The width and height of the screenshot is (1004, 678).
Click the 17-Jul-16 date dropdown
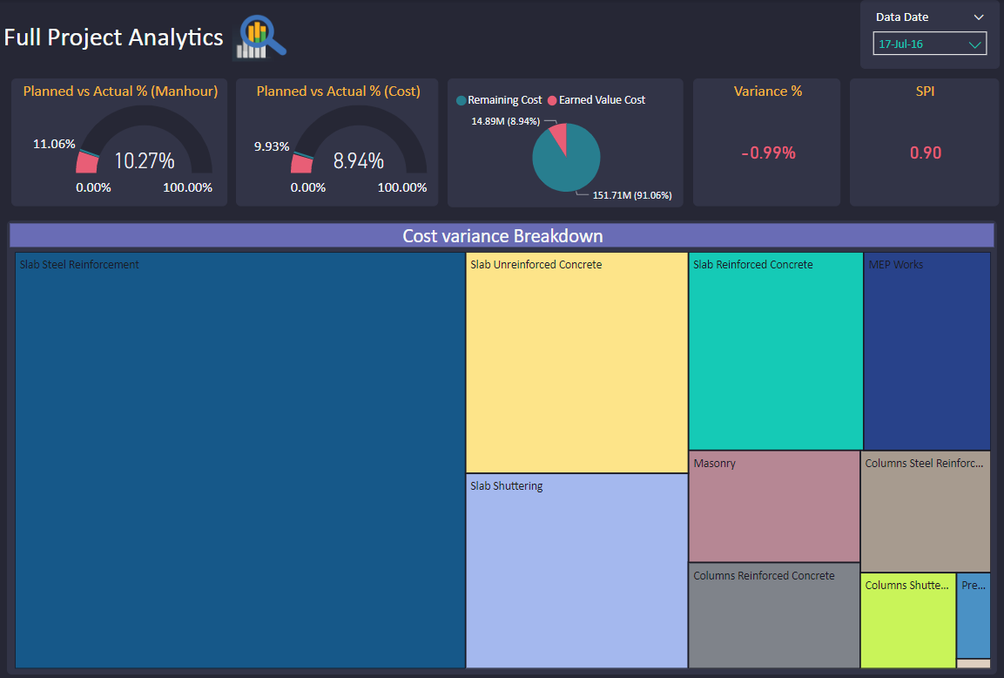929,44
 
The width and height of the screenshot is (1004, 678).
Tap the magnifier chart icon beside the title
260,37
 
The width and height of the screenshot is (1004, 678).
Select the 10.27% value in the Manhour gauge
145,161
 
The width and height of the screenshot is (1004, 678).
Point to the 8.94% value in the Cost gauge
358,161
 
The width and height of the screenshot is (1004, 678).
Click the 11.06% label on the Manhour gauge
54,144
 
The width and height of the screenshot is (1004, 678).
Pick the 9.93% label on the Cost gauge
272,146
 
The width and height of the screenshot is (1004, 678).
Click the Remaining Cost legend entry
499,100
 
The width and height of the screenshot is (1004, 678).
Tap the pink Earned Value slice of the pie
558,137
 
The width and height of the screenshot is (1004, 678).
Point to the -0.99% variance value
768,153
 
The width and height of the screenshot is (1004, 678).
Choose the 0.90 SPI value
926,153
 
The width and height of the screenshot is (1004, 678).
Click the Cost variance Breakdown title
502,236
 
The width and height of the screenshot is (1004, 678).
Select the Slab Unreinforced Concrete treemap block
576,363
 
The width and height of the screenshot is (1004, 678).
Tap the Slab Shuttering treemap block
576,571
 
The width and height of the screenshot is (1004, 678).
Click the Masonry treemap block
774,506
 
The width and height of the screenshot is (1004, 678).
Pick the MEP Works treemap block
927,351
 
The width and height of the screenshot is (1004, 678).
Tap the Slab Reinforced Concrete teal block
775,351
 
